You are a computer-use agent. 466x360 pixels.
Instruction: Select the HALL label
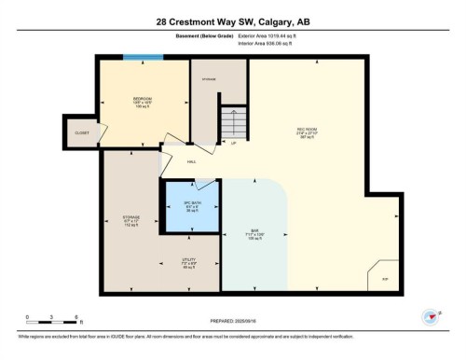[x=192, y=161]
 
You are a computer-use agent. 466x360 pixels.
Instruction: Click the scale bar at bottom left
[x=53, y=320]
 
